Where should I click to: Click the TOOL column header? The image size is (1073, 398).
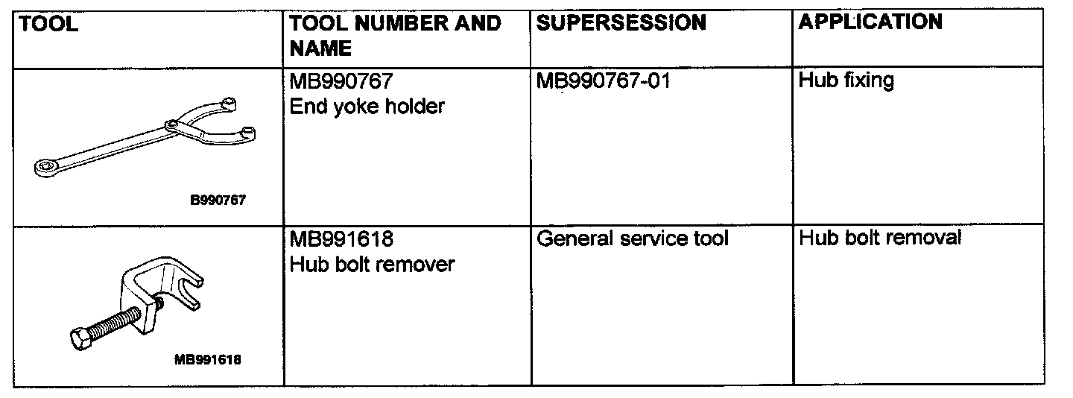pos(48,25)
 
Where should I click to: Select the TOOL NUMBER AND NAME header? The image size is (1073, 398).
pos(395,36)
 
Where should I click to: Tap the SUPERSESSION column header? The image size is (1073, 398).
pos(621,23)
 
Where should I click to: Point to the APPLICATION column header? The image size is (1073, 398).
pos(870,22)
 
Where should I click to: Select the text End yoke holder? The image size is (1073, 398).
pos(367,107)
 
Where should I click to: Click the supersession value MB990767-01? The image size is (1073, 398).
pos(603,80)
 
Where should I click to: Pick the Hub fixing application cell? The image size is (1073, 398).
pos(846,80)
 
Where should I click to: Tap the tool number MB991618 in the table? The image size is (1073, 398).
pos(341,239)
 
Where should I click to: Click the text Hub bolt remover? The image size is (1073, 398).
pos(371,265)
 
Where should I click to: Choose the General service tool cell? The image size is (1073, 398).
pos(632,239)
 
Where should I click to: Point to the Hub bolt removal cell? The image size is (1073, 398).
pos(879,239)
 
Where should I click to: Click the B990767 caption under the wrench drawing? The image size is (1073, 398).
pos(218,200)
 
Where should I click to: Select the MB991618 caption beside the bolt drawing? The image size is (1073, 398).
pos(208,359)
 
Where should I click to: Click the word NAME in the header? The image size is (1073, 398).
pos(320,49)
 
